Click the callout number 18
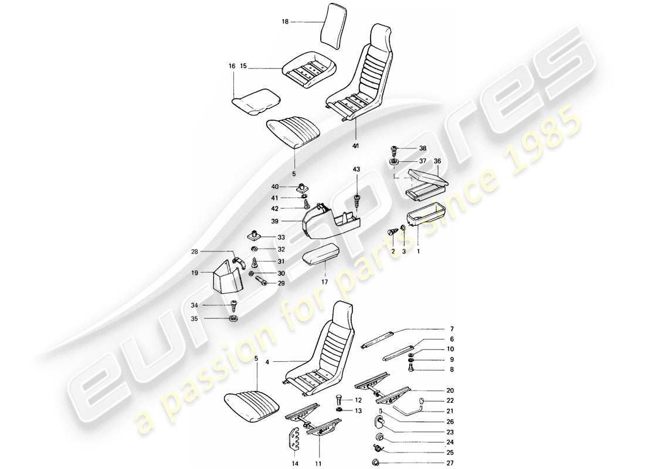286,22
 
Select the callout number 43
356,169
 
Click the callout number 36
437,161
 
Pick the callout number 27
451,463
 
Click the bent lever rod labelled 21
408,406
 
